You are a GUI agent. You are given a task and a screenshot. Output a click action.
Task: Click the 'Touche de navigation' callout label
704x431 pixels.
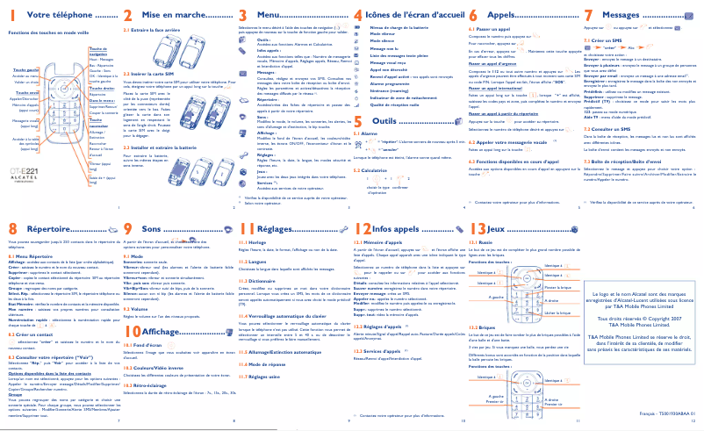(x=98, y=51)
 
